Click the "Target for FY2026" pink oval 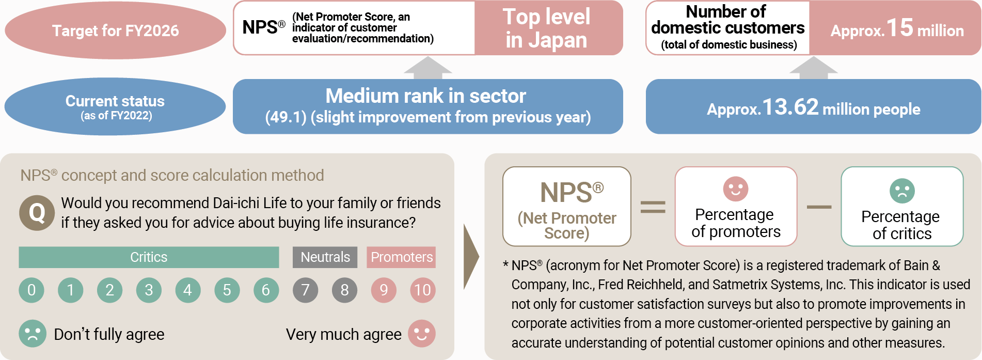[115, 30]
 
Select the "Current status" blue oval [115, 106]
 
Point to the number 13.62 [790, 107]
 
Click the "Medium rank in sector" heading [426, 96]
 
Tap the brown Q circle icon [37, 212]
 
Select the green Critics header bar [149, 257]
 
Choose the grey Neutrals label [325, 257]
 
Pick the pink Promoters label [402, 257]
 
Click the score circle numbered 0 [31, 290]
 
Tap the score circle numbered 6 [266, 290]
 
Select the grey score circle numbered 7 [306, 290]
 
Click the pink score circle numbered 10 [423, 290]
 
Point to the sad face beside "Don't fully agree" [33, 334]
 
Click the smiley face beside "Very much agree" [422, 334]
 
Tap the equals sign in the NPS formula [653, 207]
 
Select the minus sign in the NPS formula [819, 207]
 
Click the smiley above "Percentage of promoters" [736, 189]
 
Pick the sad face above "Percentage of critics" [902, 191]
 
